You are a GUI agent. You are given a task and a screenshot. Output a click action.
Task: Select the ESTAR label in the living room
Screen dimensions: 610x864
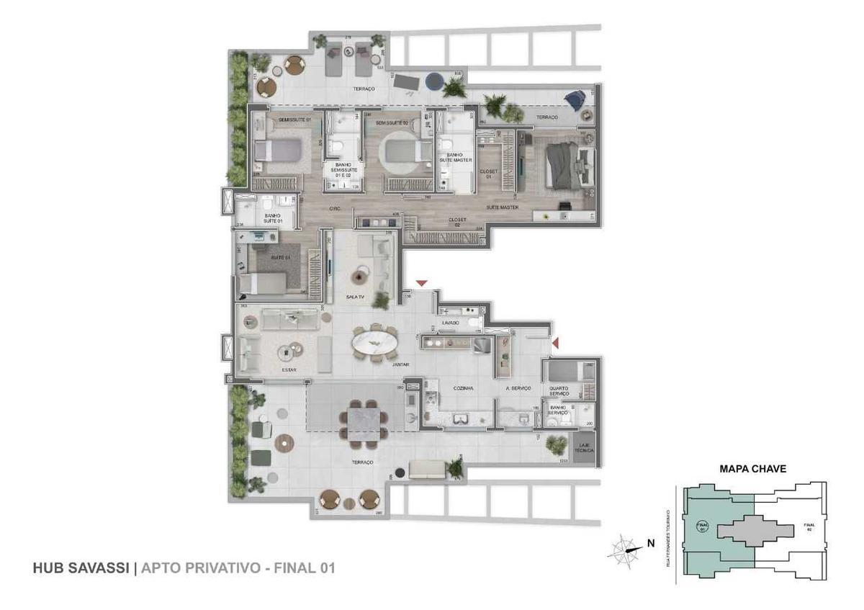point(289,370)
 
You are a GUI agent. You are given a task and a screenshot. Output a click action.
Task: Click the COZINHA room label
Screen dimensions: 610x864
point(463,388)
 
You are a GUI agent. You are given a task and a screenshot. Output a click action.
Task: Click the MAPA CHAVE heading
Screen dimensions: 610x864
point(752,468)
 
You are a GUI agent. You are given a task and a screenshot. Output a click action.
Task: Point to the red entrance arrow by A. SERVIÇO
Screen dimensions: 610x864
point(555,346)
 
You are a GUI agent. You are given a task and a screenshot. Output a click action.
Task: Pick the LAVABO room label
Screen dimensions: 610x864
point(451,323)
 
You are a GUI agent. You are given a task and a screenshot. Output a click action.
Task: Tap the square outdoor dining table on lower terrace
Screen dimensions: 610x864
point(364,419)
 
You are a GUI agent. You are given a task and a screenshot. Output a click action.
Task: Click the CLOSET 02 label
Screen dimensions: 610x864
point(458,220)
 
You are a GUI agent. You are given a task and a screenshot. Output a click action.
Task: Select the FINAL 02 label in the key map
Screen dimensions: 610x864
point(808,527)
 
